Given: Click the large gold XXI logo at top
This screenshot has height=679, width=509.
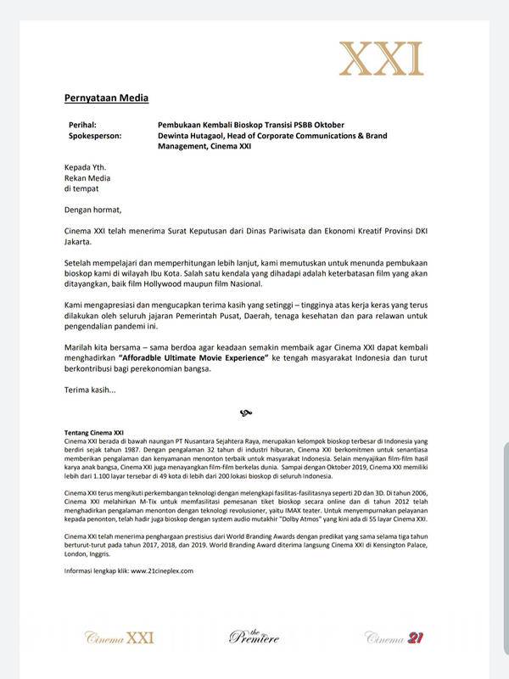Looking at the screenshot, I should click(x=381, y=58).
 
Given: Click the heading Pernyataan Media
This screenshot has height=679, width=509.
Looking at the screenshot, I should click(x=106, y=98).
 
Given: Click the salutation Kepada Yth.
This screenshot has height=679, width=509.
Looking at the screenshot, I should click(x=85, y=168).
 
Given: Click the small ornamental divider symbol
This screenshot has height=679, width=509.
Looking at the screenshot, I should click(x=246, y=413).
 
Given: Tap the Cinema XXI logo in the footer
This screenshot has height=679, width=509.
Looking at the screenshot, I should click(x=120, y=637).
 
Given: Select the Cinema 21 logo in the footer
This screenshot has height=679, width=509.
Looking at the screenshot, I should click(x=394, y=637).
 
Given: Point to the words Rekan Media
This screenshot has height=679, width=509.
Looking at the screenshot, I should click(x=87, y=178).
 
